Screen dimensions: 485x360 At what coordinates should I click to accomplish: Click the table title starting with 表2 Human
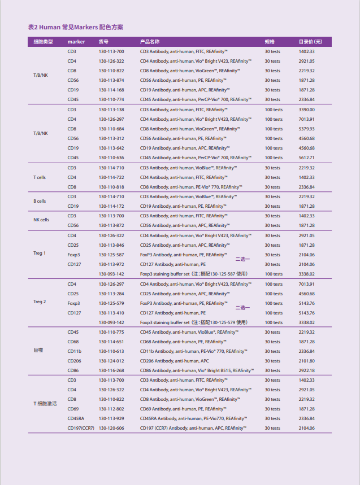tap(76, 27)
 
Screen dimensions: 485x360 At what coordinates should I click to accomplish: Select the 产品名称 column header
tap(150, 42)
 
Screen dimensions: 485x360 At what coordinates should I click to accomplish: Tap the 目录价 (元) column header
tap(310, 42)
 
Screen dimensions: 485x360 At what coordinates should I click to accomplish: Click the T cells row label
tap(40, 177)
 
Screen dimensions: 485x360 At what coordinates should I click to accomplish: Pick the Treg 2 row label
tap(40, 302)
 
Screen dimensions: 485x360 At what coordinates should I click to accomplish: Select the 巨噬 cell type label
tap(38, 351)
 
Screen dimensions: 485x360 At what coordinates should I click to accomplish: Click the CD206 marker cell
tap(74, 361)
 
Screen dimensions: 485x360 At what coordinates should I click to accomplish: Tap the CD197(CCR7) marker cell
tap(81, 428)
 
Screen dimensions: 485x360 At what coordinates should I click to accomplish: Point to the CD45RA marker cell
tap(76, 418)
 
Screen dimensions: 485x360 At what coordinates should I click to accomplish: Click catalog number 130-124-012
tap(111, 361)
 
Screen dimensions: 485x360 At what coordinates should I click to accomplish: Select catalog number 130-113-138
tap(111, 110)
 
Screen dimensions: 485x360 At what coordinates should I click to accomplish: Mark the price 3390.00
tap(307, 110)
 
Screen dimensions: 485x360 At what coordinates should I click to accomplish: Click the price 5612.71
tap(307, 158)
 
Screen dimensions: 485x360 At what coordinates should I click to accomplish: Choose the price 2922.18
tap(307, 370)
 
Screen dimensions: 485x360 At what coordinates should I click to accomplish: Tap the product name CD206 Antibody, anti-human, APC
tap(174, 361)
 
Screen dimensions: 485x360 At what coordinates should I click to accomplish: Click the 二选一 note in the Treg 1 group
tap(243, 259)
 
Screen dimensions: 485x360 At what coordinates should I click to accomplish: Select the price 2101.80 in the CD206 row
tap(307, 361)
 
